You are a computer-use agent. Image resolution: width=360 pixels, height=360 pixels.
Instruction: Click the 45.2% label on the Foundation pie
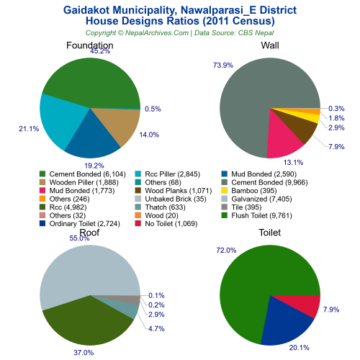[x=100, y=51]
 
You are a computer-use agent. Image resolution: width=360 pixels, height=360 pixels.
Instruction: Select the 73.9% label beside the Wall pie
[x=222, y=66]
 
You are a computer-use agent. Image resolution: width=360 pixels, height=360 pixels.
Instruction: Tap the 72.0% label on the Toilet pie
[x=225, y=250]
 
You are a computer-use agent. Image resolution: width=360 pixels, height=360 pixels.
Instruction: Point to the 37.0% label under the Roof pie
[x=83, y=353]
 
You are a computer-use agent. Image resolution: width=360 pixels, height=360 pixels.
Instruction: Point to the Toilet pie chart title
[x=270, y=233]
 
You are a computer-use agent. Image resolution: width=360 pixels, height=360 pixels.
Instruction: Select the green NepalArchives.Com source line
[x=180, y=33]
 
